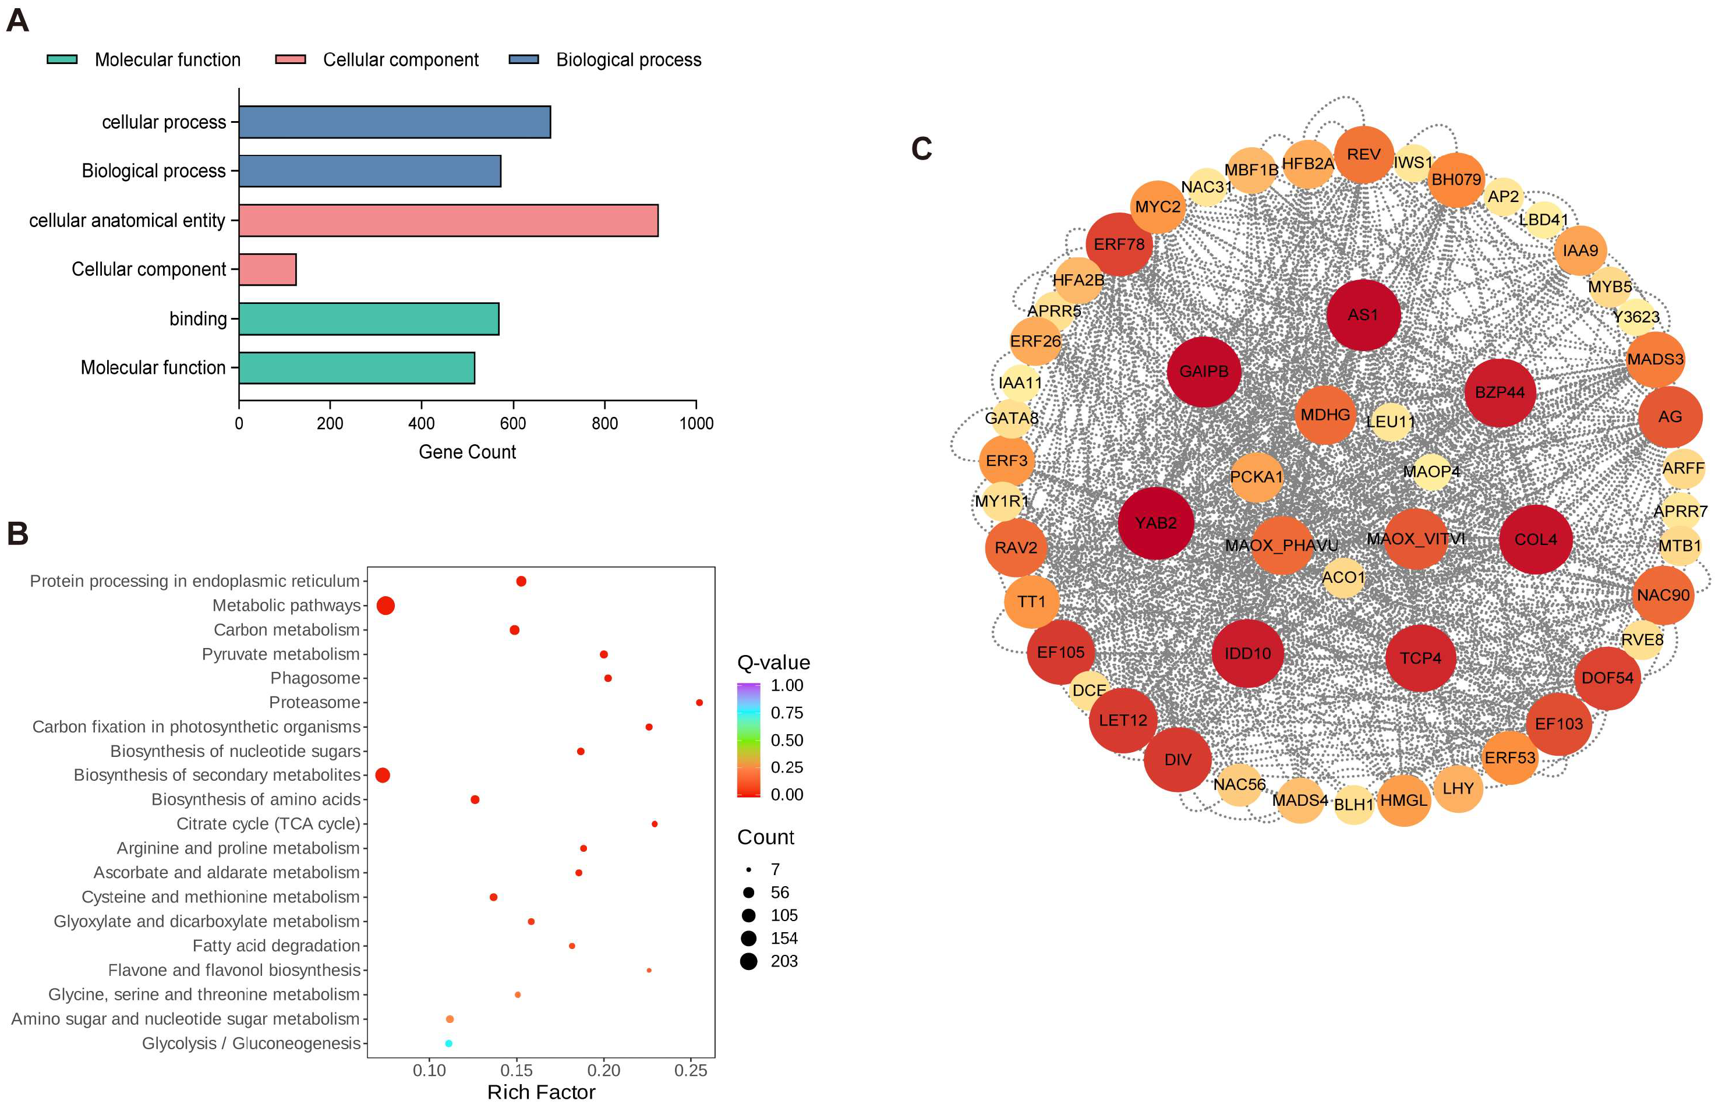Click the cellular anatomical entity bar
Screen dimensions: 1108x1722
(x=448, y=220)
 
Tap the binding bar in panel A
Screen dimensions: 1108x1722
(x=369, y=318)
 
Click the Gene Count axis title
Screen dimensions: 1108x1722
(x=467, y=452)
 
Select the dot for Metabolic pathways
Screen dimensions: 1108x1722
(x=385, y=606)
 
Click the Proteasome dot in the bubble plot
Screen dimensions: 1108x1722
(x=699, y=702)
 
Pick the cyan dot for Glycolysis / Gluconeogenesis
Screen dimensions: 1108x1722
(x=448, y=1043)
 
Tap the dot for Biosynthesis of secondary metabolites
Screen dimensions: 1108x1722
(x=383, y=775)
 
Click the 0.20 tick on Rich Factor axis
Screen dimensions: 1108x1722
(x=604, y=1070)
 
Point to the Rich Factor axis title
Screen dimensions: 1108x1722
(x=541, y=1092)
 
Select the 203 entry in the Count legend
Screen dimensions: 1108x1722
(x=749, y=961)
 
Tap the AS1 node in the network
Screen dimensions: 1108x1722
(x=1363, y=315)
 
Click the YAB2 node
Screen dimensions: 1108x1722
(x=1156, y=523)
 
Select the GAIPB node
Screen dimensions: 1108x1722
(x=1204, y=371)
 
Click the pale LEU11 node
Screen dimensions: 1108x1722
(x=1390, y=422)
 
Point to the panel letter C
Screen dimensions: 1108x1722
(x=922, y=149)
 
